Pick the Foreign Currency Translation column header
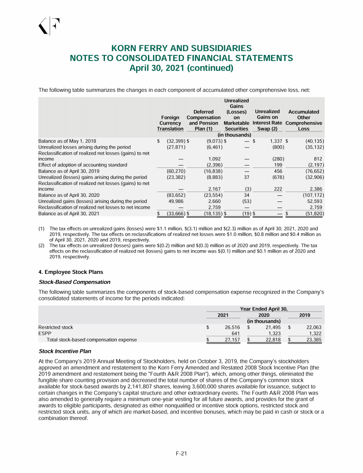(170, 123)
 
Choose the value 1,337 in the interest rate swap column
(276, 141)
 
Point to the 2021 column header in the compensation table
(224, 315)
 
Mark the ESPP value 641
(235, 333)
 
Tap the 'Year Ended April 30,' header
(264, 308)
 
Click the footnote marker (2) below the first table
(42, 245)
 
